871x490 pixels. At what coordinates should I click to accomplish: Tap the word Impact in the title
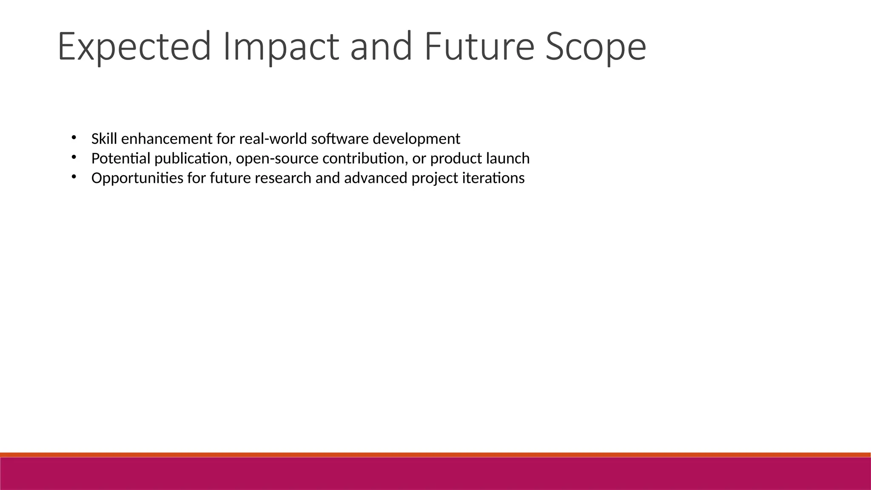pos(281,46)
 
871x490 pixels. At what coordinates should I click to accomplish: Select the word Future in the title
pos(478,46)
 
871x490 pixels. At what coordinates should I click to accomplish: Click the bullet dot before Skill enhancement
pos(73,137)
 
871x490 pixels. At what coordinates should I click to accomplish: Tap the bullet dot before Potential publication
pos(73,157)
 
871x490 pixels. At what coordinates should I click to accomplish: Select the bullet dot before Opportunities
pos(73,176)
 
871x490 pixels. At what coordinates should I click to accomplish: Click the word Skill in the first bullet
pos(104,139)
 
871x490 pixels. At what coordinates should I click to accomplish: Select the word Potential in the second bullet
pos(121,158)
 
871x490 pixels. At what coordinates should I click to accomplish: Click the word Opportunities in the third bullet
pos(137,178)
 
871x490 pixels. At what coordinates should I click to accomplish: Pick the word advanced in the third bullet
pos(376,178)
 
